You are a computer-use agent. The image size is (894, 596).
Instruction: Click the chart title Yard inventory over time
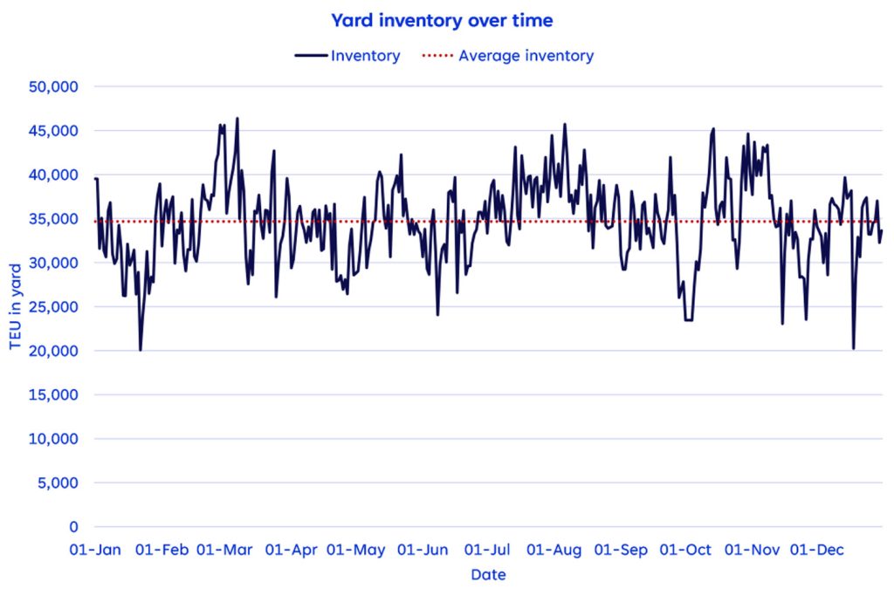coord(441,19)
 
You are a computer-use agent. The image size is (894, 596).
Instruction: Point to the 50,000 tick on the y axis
coord(55,87)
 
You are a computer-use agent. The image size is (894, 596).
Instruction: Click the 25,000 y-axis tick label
coord(55,307)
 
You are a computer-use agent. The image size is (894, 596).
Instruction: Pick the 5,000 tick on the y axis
coord(59,483)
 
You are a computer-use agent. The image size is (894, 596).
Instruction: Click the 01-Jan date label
coord(97,550)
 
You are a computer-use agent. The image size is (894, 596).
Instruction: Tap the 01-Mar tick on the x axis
coord(224,550)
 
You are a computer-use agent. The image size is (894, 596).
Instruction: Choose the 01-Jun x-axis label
coord(423,550)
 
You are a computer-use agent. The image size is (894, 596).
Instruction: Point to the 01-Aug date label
coord(554,550)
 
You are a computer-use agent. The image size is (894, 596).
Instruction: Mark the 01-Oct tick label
coord(685,550)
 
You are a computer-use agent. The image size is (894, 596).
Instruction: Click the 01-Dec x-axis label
coord(817,550)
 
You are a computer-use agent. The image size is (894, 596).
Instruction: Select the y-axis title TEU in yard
coord(15,307)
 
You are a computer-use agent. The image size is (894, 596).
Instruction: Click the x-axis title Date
coord(488,575)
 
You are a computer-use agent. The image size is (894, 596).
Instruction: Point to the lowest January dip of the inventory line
coord(140,350)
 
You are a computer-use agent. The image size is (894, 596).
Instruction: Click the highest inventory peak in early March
coord(237,119)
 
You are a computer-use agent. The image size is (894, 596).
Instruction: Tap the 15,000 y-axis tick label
coord(55,395)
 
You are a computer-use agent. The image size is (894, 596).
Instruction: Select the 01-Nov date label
coord(753,550)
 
